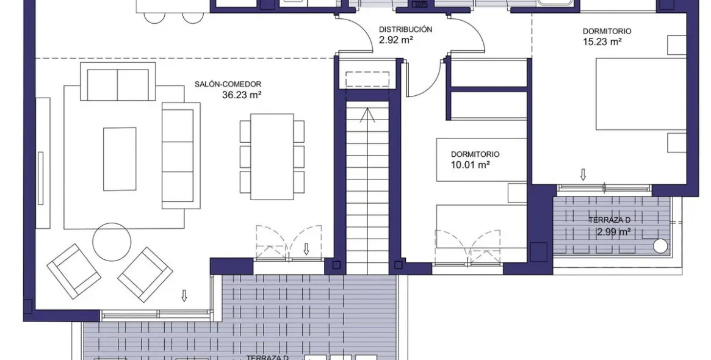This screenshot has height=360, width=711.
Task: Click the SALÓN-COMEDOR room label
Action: click(228, 84)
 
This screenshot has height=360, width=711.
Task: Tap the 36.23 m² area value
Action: click(242, 95)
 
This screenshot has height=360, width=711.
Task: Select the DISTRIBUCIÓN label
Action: click(405, 29)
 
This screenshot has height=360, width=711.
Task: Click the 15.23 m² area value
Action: click(602, 41)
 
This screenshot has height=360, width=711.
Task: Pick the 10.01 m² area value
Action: click(471, 165)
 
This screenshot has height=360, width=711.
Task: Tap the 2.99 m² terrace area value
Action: click(613, 232)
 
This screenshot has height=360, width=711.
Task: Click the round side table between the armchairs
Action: click(112, 242)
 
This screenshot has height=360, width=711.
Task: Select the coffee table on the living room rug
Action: click(120, 159)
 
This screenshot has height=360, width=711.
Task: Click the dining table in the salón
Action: click(272, 156)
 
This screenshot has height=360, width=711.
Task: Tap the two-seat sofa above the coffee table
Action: click(118, 84)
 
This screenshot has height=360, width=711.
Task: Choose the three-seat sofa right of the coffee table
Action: click(180, 156)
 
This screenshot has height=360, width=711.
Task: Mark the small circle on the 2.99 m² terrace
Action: click(660, 246)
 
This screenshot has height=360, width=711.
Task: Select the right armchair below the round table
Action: click(145, 274)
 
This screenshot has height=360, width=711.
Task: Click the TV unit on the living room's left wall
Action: click(43, 163)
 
